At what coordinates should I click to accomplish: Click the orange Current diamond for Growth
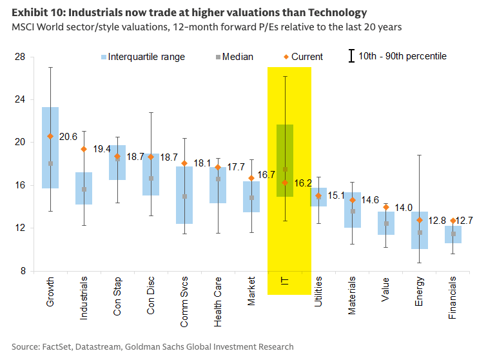pos(50,136)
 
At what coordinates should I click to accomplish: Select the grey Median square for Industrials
pos(84,190)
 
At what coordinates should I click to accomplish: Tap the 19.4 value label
pos(102,149)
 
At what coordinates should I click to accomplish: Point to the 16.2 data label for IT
pos(303,183)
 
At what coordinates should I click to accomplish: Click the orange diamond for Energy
pos(420,220)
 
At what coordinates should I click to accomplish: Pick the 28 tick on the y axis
pos(20,57)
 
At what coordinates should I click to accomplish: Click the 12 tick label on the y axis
pos(20,228)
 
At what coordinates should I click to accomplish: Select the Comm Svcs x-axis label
pos(184,302)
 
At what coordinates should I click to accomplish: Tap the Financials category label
pos(452,297)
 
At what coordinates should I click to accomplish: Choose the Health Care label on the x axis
pos(217,302)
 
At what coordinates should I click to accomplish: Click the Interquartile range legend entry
pos(143,57)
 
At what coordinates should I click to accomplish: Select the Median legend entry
pos(235,57)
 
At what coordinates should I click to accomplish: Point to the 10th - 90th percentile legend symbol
pos(352,56)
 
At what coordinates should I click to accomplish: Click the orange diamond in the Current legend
pos(286,57)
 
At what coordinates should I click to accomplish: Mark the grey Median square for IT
pos(285,169)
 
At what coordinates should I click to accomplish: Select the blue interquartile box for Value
pos(386,223)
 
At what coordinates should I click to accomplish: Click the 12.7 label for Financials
pos(464,220)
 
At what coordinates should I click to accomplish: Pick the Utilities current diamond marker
pos(318,196)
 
